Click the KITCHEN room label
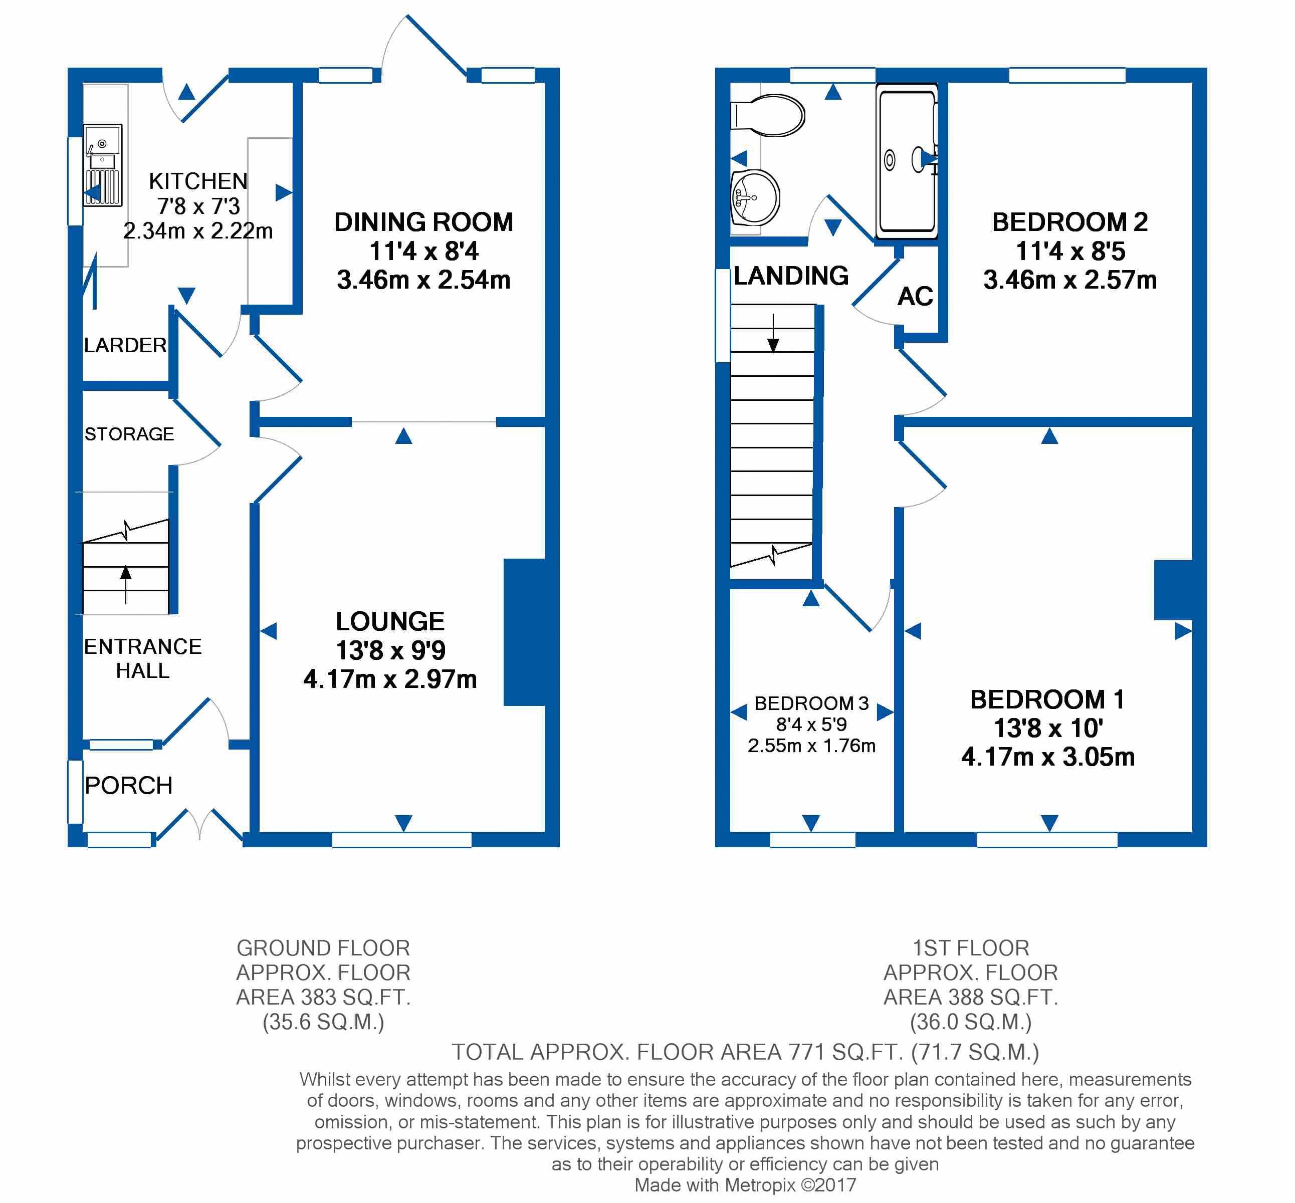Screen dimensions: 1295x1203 tap(198, 181)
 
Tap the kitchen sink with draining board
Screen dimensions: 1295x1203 tap(102, 165)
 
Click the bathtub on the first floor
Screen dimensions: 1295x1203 tap(907, 161)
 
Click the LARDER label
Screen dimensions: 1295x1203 tap(125, 345)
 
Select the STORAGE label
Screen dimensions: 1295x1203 tap(129, 434)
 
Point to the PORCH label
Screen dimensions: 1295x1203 tap(129, 785)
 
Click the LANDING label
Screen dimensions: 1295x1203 tap(791, 276)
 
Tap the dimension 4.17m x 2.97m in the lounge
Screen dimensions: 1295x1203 tap(390, 679)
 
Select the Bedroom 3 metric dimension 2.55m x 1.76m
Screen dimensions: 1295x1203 tap(811, 746)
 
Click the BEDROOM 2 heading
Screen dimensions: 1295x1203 tap(1069, 222)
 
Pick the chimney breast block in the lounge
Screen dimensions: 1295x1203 tap(524, 632)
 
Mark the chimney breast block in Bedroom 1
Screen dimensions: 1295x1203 tap(1173, 590)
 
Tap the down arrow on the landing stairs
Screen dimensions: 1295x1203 tap(773, 333)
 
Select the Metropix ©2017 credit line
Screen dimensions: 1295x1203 tap(745, 1185)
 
